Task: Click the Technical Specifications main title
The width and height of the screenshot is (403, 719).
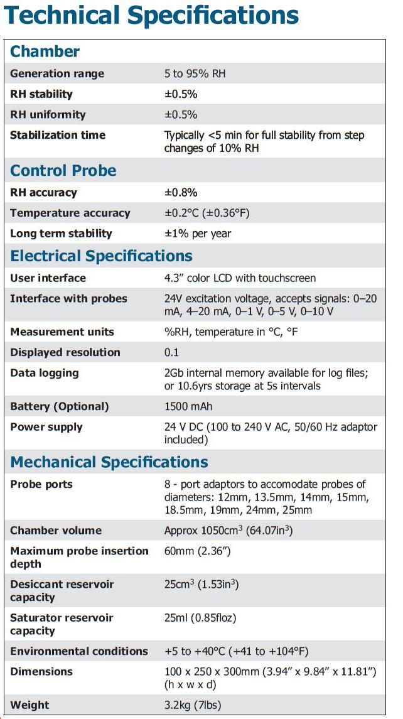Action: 151,17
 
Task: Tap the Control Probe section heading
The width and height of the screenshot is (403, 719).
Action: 63,171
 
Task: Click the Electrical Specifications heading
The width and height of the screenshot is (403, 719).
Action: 102,256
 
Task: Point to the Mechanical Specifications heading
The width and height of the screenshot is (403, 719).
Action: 109,463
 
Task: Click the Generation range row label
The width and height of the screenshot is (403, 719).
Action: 57,74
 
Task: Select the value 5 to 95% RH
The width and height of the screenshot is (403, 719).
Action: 195,74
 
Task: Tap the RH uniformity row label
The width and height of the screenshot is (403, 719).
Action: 48,115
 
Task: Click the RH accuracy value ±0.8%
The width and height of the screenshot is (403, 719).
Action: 181,193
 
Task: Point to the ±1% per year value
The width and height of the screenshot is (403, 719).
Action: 198,234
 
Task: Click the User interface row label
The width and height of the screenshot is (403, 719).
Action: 48,278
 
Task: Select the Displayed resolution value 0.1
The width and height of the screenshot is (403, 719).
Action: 171,352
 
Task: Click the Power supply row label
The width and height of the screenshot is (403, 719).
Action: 46,427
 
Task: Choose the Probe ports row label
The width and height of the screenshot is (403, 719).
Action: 41,484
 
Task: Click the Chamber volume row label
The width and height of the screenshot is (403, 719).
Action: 56,531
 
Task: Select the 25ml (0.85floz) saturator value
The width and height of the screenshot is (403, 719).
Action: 200,618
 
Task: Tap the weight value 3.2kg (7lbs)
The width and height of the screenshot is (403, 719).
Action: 193,705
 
